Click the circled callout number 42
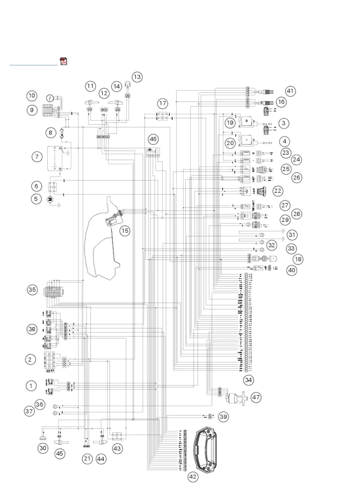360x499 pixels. pos(193,477)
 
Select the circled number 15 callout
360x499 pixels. pos(125,231)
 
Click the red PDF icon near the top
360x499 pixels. pos(64,61)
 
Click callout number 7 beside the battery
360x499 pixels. pos(37,157)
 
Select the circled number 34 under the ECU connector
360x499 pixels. pos(248,380)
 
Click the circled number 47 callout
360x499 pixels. pos(256,397)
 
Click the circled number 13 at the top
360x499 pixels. pos(137,77)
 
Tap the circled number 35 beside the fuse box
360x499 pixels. pos(32,290)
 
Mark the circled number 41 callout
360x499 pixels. pos(290,91)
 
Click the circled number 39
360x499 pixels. pos(223,417)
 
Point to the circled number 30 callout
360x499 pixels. pos(43,448)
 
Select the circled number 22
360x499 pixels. pos(278,191)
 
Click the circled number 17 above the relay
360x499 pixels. pos(163,103)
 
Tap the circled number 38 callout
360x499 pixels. pos(32,329)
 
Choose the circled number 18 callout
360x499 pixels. pos(298,259)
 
